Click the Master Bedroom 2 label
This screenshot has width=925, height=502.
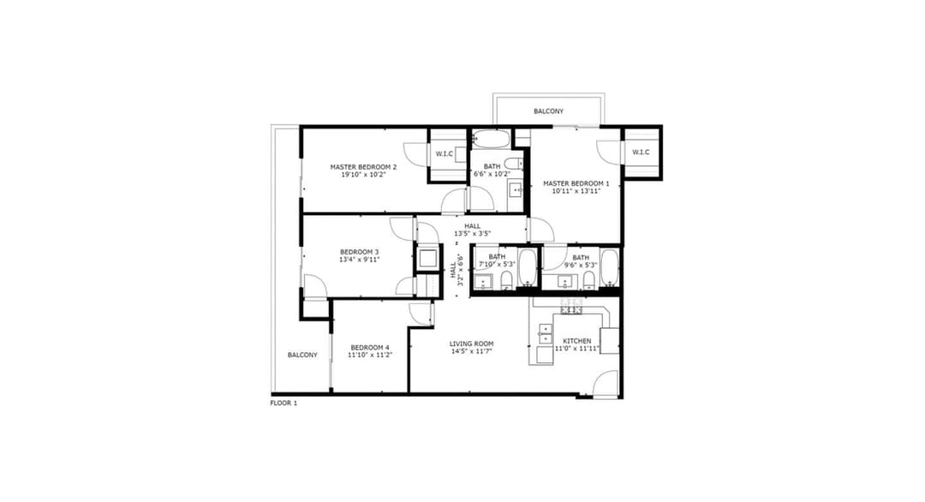pos(363,167)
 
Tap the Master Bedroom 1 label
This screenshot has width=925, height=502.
pos(576,183)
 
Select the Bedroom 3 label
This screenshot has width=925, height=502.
pos(359,252)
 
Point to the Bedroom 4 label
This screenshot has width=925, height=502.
pos(370,348)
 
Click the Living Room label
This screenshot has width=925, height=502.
pos(471,344)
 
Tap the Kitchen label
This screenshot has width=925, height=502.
pos(576,341)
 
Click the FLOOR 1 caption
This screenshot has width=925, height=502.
pos(283,403)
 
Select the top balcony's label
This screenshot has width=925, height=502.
pos(549,111)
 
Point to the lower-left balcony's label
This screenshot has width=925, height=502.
pos(302,356)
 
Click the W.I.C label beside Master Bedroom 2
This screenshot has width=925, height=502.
pos(445,154)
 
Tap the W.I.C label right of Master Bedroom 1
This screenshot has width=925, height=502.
pos(641,152)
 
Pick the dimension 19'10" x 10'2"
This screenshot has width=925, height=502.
pos(363,175)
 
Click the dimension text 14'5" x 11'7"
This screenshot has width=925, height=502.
pos(471,351)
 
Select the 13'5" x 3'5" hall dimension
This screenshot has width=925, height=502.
pos(472,234)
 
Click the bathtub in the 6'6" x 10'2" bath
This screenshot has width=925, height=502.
pos(491,139)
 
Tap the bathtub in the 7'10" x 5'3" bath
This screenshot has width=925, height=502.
pos(527,268)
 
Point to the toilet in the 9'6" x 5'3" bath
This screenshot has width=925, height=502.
pos(588,281)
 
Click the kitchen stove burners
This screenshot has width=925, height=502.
pos(571,306)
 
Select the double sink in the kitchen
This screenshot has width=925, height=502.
pos(545,334)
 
